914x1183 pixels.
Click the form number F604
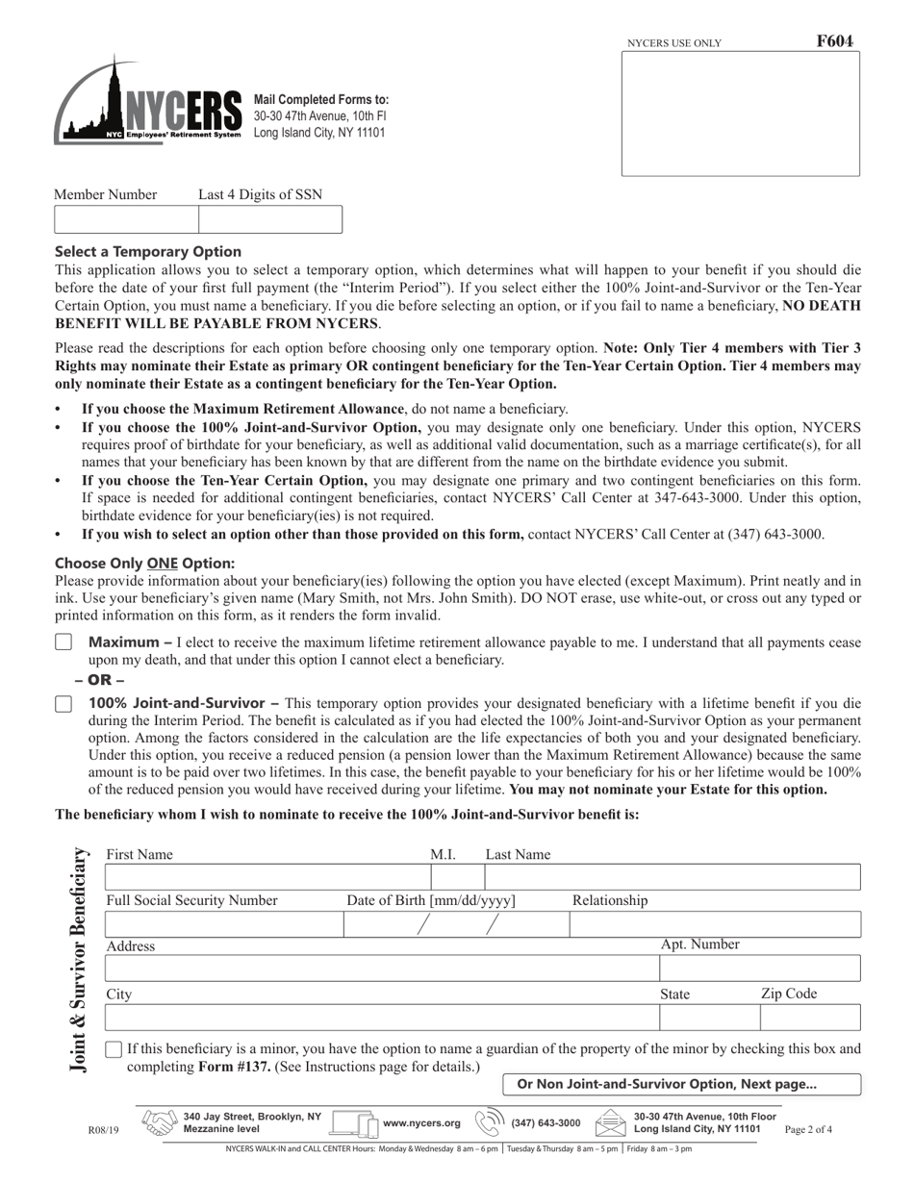click(834, 41)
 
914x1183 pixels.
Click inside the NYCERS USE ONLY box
click(740, 113)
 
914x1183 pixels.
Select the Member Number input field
click(126, 219)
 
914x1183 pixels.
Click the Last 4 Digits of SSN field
click(269, 219)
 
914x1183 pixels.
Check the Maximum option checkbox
click(63, 642)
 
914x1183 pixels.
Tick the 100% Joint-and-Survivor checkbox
click(63, 704)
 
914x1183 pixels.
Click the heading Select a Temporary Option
click(148, 252)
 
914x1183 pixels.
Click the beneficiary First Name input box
click(267, 877)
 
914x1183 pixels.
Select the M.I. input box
click(457, 877)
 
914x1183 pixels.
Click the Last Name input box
click(672, 877)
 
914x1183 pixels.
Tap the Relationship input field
click(714, 924)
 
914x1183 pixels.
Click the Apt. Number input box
click(759, 969)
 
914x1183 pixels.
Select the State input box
click(708, 1018)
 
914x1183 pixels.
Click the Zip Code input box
click(809, 1018)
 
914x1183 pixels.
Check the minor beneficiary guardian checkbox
click(114, 1049)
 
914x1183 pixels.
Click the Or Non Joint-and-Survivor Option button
click(681, 1084)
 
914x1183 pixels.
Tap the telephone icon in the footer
click(491, 1122)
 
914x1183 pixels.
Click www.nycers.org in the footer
click(421, 1122)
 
